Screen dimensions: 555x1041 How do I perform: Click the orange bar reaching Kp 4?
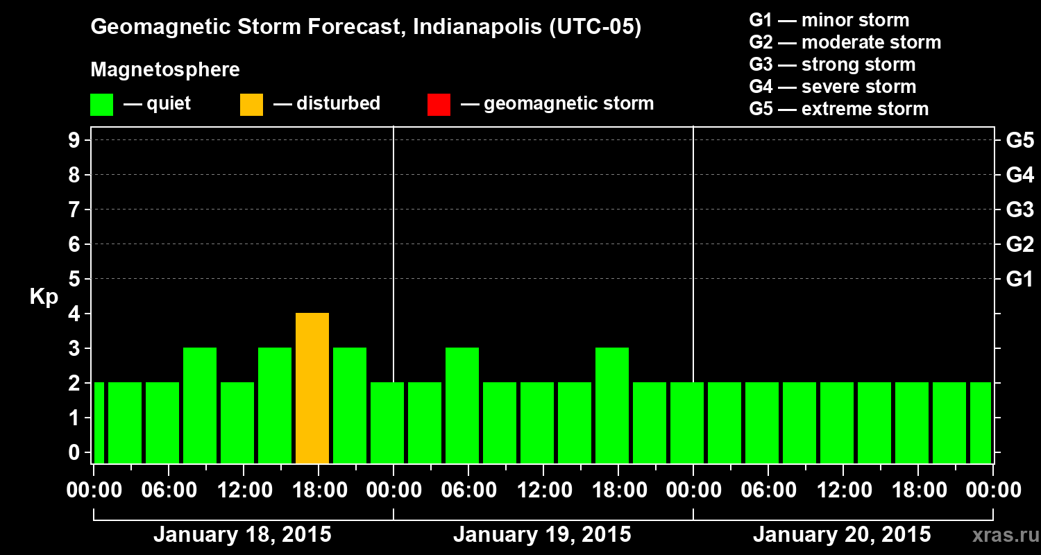pyautogui.click(x=312, y=388)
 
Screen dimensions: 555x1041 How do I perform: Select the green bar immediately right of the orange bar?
pyautogui.click(x=350, y=405)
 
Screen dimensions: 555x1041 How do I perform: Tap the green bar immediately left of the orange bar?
pyautogui.click(x=275, y=405)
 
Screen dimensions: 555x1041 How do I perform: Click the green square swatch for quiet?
pyautogui.click(x=101, y=104)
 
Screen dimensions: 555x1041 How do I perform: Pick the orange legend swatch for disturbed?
pyautogui.click(x=251, y=104)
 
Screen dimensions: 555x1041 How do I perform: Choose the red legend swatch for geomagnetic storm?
pyautogui.click(x=439, y=104)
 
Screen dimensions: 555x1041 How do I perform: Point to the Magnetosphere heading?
pyautogui.click(x=165, y=70)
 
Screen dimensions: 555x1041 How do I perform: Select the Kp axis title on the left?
pyautogui.click(x=44, y=297)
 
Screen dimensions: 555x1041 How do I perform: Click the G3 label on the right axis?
pyautogui.click(x=1019, y=210)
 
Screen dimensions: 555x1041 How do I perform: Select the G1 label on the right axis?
pyautogui.click(x=1019, y=279)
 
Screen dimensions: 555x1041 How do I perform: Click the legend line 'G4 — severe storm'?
pyautogui.click(x=832, y=87)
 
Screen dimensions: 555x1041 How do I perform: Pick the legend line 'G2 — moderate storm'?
pyautogui.click(x=845, y=42)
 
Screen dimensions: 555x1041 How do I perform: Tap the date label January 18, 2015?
pyautogui.click(x=242, y=535)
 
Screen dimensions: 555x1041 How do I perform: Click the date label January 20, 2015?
pyautogui.click(x=842, y=535)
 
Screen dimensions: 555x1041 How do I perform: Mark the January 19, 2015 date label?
pyautogui.click(x=542, y=535)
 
